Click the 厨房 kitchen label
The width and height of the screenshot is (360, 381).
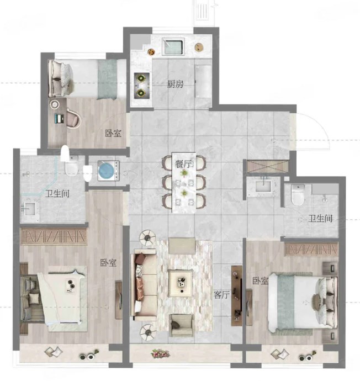(175, 84)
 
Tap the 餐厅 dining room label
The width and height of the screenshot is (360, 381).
(183, 164)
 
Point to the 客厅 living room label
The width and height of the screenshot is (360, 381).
(221, 295)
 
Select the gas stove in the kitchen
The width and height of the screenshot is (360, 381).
(141, 86)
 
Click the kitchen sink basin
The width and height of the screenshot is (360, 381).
(172, 46)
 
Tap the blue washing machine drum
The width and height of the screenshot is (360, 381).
(106, 170)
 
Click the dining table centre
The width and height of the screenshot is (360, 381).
(184, 182)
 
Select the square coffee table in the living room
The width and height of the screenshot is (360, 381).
(181, 283)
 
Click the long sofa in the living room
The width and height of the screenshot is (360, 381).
(144, 285)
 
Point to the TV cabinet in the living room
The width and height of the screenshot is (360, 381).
(237, 296)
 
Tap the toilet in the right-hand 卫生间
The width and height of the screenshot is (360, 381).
(298, 194)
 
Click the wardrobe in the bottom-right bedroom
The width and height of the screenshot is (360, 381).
(311, 249)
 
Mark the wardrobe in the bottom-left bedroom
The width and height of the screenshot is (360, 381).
(54, 236)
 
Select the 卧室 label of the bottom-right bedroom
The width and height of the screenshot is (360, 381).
(261, 281)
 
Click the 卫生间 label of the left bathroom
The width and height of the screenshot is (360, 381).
(57, 194)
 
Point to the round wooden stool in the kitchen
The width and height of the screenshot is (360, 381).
(199, 47)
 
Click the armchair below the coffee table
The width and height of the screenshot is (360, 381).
(182, 325)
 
